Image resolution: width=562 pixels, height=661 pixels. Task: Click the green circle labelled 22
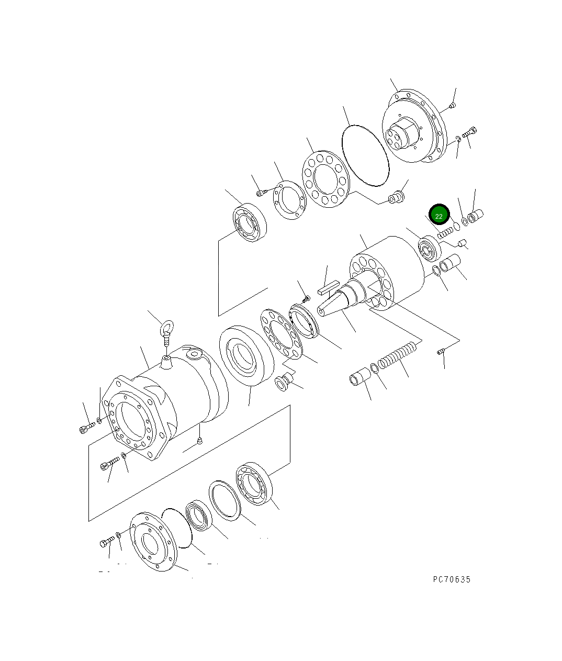click(x=439, y=216)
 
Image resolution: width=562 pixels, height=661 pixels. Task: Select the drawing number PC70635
click(x=452, y=579)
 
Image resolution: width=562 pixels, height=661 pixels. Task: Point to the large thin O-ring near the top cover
click(x=365, y=155)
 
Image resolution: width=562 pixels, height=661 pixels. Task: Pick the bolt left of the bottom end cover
click(x=106, y=542)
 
